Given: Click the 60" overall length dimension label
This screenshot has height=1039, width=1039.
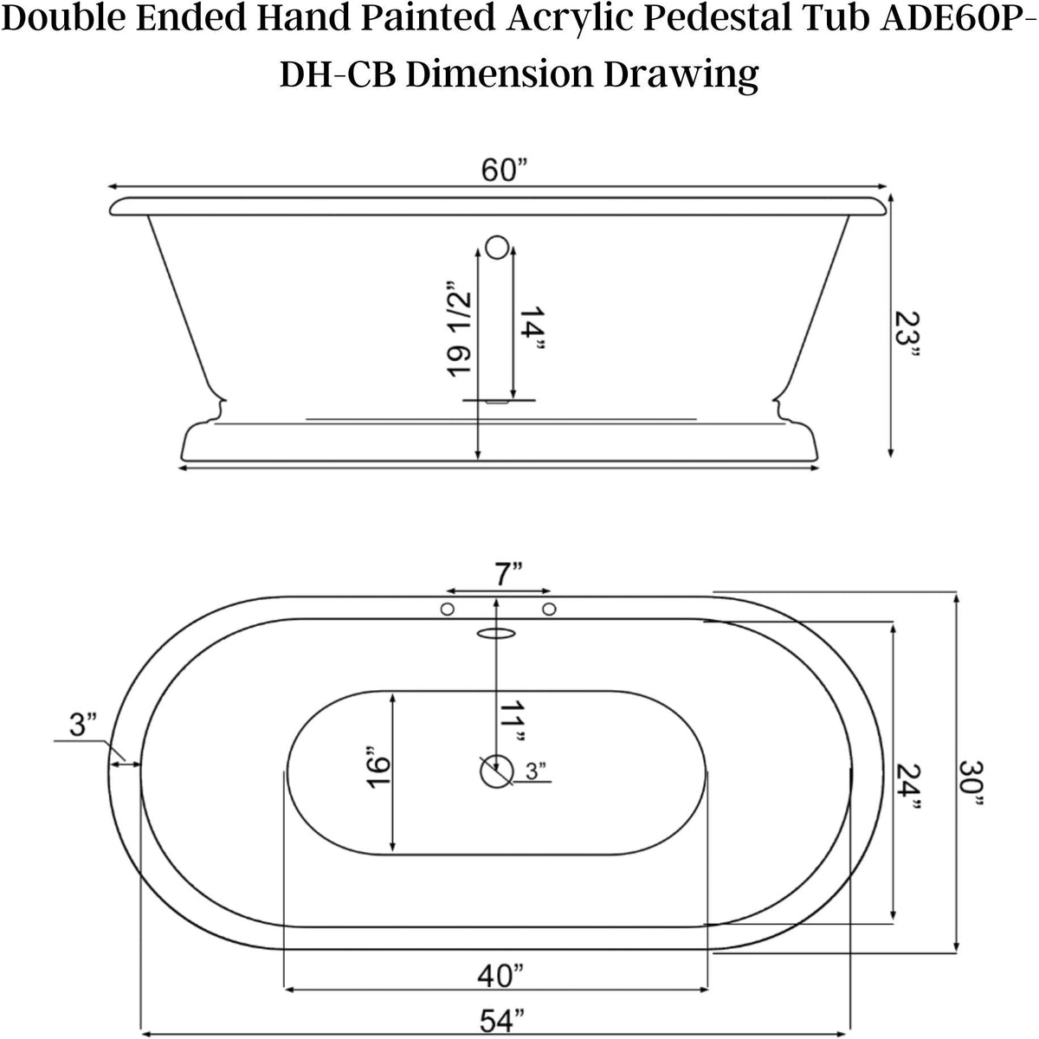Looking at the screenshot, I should (504, 171).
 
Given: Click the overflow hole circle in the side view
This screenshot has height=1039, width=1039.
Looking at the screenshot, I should (497, 248).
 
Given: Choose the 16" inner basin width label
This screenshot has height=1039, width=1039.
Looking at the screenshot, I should (378, 765).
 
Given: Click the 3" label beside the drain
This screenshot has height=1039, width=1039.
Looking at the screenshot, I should (536, 771).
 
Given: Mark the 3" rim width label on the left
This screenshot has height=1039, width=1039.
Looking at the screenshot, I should (83, 725).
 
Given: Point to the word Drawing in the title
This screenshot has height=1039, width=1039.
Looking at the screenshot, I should (680, 74).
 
